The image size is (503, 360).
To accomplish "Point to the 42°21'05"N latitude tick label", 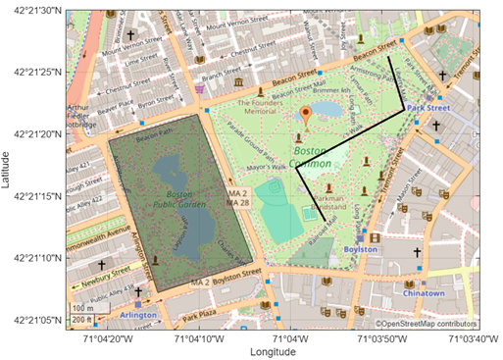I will tap(32, 320).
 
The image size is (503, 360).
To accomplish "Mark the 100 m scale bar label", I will tap(78, 308).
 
